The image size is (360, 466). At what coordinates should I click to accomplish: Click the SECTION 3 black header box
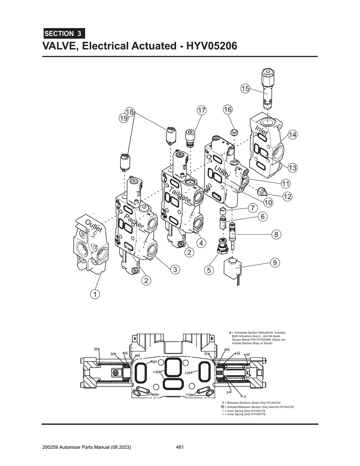(64, 34)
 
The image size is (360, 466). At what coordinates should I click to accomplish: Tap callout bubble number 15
(245, 89)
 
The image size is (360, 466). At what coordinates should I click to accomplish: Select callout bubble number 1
(94, 294)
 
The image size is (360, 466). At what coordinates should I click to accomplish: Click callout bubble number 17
(201, 110)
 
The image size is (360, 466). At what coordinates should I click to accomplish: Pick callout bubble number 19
(123, 118)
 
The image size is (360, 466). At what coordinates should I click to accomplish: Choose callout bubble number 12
(287, 196)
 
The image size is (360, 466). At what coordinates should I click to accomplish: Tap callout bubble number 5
(209, 270)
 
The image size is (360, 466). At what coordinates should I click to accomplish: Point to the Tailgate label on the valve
(180, 195)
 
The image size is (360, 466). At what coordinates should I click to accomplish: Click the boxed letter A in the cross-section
(135, 338)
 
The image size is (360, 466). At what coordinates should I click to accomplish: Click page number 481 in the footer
(180, 447)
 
